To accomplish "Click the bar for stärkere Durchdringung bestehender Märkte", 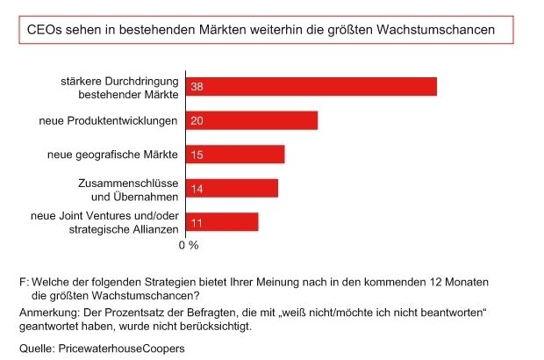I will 311,86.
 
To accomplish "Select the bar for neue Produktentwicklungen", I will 251,120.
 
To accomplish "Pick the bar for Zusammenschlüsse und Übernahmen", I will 232,189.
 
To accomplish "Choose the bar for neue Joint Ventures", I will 222,222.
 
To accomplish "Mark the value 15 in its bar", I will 197,155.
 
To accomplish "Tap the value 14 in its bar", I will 197,189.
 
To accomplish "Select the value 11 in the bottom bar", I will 197,222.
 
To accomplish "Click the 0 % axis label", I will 189,246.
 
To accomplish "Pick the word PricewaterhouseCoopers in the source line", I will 121,349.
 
